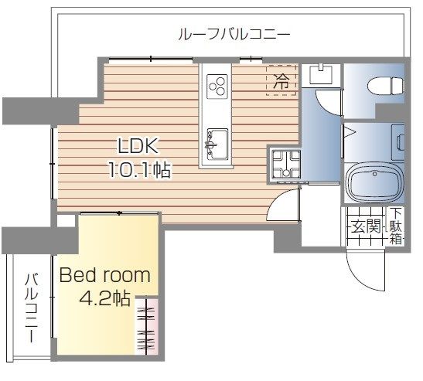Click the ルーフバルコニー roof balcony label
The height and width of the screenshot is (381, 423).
[x=234, y=35]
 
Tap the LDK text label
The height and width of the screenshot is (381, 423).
[x=138, y=146]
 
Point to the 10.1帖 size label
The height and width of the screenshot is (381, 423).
[x=139, y=169]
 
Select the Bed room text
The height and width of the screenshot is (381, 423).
[x=104, y=275]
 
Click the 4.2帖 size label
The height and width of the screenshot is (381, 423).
[x=105, y=298]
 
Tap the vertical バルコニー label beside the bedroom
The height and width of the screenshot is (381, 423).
[x=32, y=308]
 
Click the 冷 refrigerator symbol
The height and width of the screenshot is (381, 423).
[x=281, y=81]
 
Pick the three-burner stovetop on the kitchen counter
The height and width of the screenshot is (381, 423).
[x=217, y=87]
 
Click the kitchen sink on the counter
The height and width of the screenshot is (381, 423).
[x=217, y=145]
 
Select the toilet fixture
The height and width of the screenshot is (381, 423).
[x=386, y=86]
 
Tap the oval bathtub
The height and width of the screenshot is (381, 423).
[x=374, y=182]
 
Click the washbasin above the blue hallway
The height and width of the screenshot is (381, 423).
[x=321, y=73]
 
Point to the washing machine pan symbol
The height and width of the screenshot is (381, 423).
[x=286, y=165]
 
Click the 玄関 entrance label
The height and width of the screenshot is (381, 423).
[x=366, y=226]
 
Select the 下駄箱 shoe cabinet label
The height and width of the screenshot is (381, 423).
[x=396, y=226]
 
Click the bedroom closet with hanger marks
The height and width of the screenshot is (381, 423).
[x=146, y=326]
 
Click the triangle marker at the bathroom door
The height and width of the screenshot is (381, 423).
[x=350, y=132]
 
